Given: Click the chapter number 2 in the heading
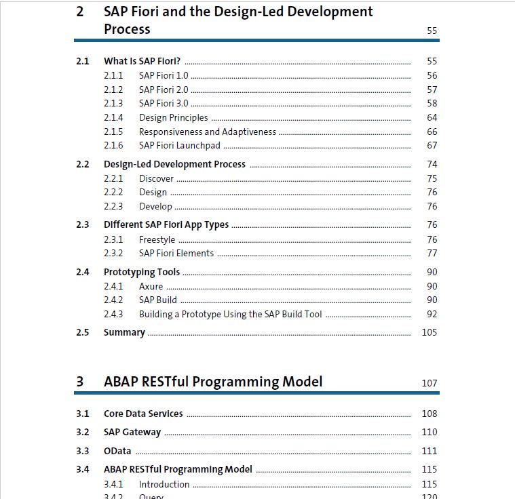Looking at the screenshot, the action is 80,12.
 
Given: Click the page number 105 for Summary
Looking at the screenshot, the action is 430,332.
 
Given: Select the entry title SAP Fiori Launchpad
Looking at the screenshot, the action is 180,146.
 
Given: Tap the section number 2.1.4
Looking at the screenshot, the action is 113,117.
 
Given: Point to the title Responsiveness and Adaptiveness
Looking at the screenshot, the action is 208,132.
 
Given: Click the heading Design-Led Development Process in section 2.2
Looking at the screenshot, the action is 175,164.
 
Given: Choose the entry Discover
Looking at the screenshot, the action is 156,178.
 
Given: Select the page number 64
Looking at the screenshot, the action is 432,117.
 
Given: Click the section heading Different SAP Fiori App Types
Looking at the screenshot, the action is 166,225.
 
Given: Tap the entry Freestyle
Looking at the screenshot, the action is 157,239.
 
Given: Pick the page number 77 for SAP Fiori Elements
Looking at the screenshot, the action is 432,253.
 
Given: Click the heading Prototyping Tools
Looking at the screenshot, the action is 142,272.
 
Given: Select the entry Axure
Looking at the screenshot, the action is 151,286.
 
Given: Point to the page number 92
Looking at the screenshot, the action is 432,314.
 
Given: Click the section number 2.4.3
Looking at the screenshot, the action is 113,314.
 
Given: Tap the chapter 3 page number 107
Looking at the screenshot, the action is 430,383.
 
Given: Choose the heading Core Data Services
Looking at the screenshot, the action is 143,414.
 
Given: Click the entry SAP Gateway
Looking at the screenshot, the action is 132,432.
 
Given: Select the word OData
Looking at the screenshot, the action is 117,451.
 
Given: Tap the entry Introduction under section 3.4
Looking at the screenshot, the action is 164,484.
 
